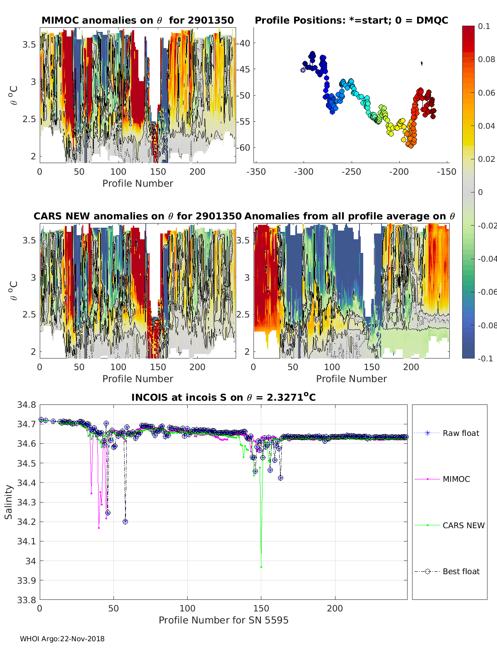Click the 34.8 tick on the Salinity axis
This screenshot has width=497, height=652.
26,405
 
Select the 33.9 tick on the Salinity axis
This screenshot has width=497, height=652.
26,580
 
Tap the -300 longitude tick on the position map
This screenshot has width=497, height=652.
304,172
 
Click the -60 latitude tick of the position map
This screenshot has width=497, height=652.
244,147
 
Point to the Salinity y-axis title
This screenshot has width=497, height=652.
9,502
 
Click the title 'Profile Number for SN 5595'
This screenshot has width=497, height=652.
223,620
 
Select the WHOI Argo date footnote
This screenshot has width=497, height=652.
62,639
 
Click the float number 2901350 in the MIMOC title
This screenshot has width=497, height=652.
213,20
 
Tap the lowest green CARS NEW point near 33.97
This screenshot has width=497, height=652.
261,567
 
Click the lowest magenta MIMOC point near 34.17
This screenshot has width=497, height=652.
99,528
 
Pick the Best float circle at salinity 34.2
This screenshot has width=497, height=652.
125,522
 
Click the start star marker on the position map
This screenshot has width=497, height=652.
303,70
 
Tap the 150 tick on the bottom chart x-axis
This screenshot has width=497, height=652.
261,609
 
